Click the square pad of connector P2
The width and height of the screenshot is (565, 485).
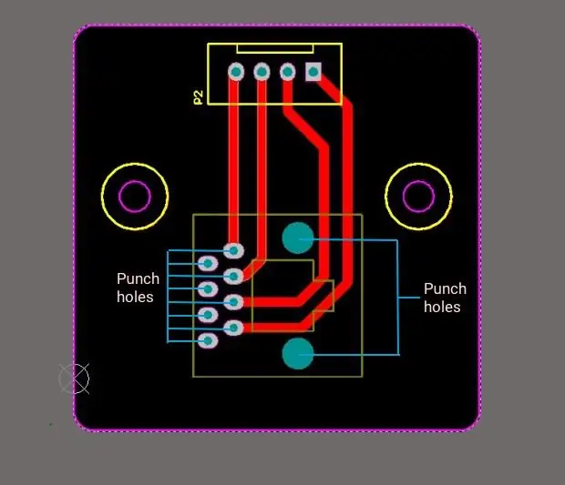[x=313, y=72]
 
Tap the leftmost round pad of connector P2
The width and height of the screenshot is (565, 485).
[x=236, y=72]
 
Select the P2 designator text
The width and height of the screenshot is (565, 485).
[x=198, y=97]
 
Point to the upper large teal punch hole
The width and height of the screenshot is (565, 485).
[x=298, y=237]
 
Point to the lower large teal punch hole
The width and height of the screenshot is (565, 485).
[x=298, y=354]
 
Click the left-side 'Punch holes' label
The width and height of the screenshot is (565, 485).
[x=138, y=288]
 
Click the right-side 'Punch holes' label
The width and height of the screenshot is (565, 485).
[x=445, y=298]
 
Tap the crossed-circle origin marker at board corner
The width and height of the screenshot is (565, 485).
[x=74, y=379]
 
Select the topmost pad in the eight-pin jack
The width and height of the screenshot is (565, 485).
[x=233, y=250]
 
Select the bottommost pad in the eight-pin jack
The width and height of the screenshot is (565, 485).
[x=208, y=340]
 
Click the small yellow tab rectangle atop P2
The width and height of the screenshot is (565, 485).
[x=275, y=48]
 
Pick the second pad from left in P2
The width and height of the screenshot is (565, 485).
[x=262, y=72]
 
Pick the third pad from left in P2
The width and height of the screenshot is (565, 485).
[x=287, y=72]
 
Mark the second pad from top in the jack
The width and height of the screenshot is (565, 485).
[x=208, y=263]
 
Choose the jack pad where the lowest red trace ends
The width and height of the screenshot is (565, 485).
[x=233, y=328]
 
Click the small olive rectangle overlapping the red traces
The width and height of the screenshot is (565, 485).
[x=324, y=296]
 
